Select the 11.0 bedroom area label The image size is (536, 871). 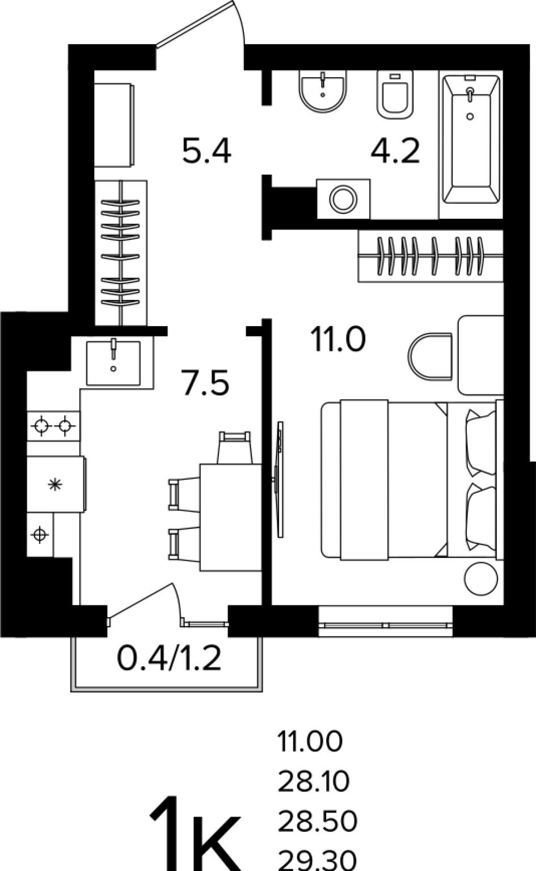338,340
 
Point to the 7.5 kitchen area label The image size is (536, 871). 205,383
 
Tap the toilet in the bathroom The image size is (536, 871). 395,94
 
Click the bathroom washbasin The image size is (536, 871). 323,91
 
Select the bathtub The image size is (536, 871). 471,139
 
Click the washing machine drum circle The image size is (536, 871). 343,199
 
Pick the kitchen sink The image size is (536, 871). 113,363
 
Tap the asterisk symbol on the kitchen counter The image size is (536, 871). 55,484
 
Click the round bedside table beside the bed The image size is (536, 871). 482,578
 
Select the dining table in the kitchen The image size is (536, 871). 231,517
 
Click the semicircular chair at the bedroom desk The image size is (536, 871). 430,356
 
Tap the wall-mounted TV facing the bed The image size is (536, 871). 278,479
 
